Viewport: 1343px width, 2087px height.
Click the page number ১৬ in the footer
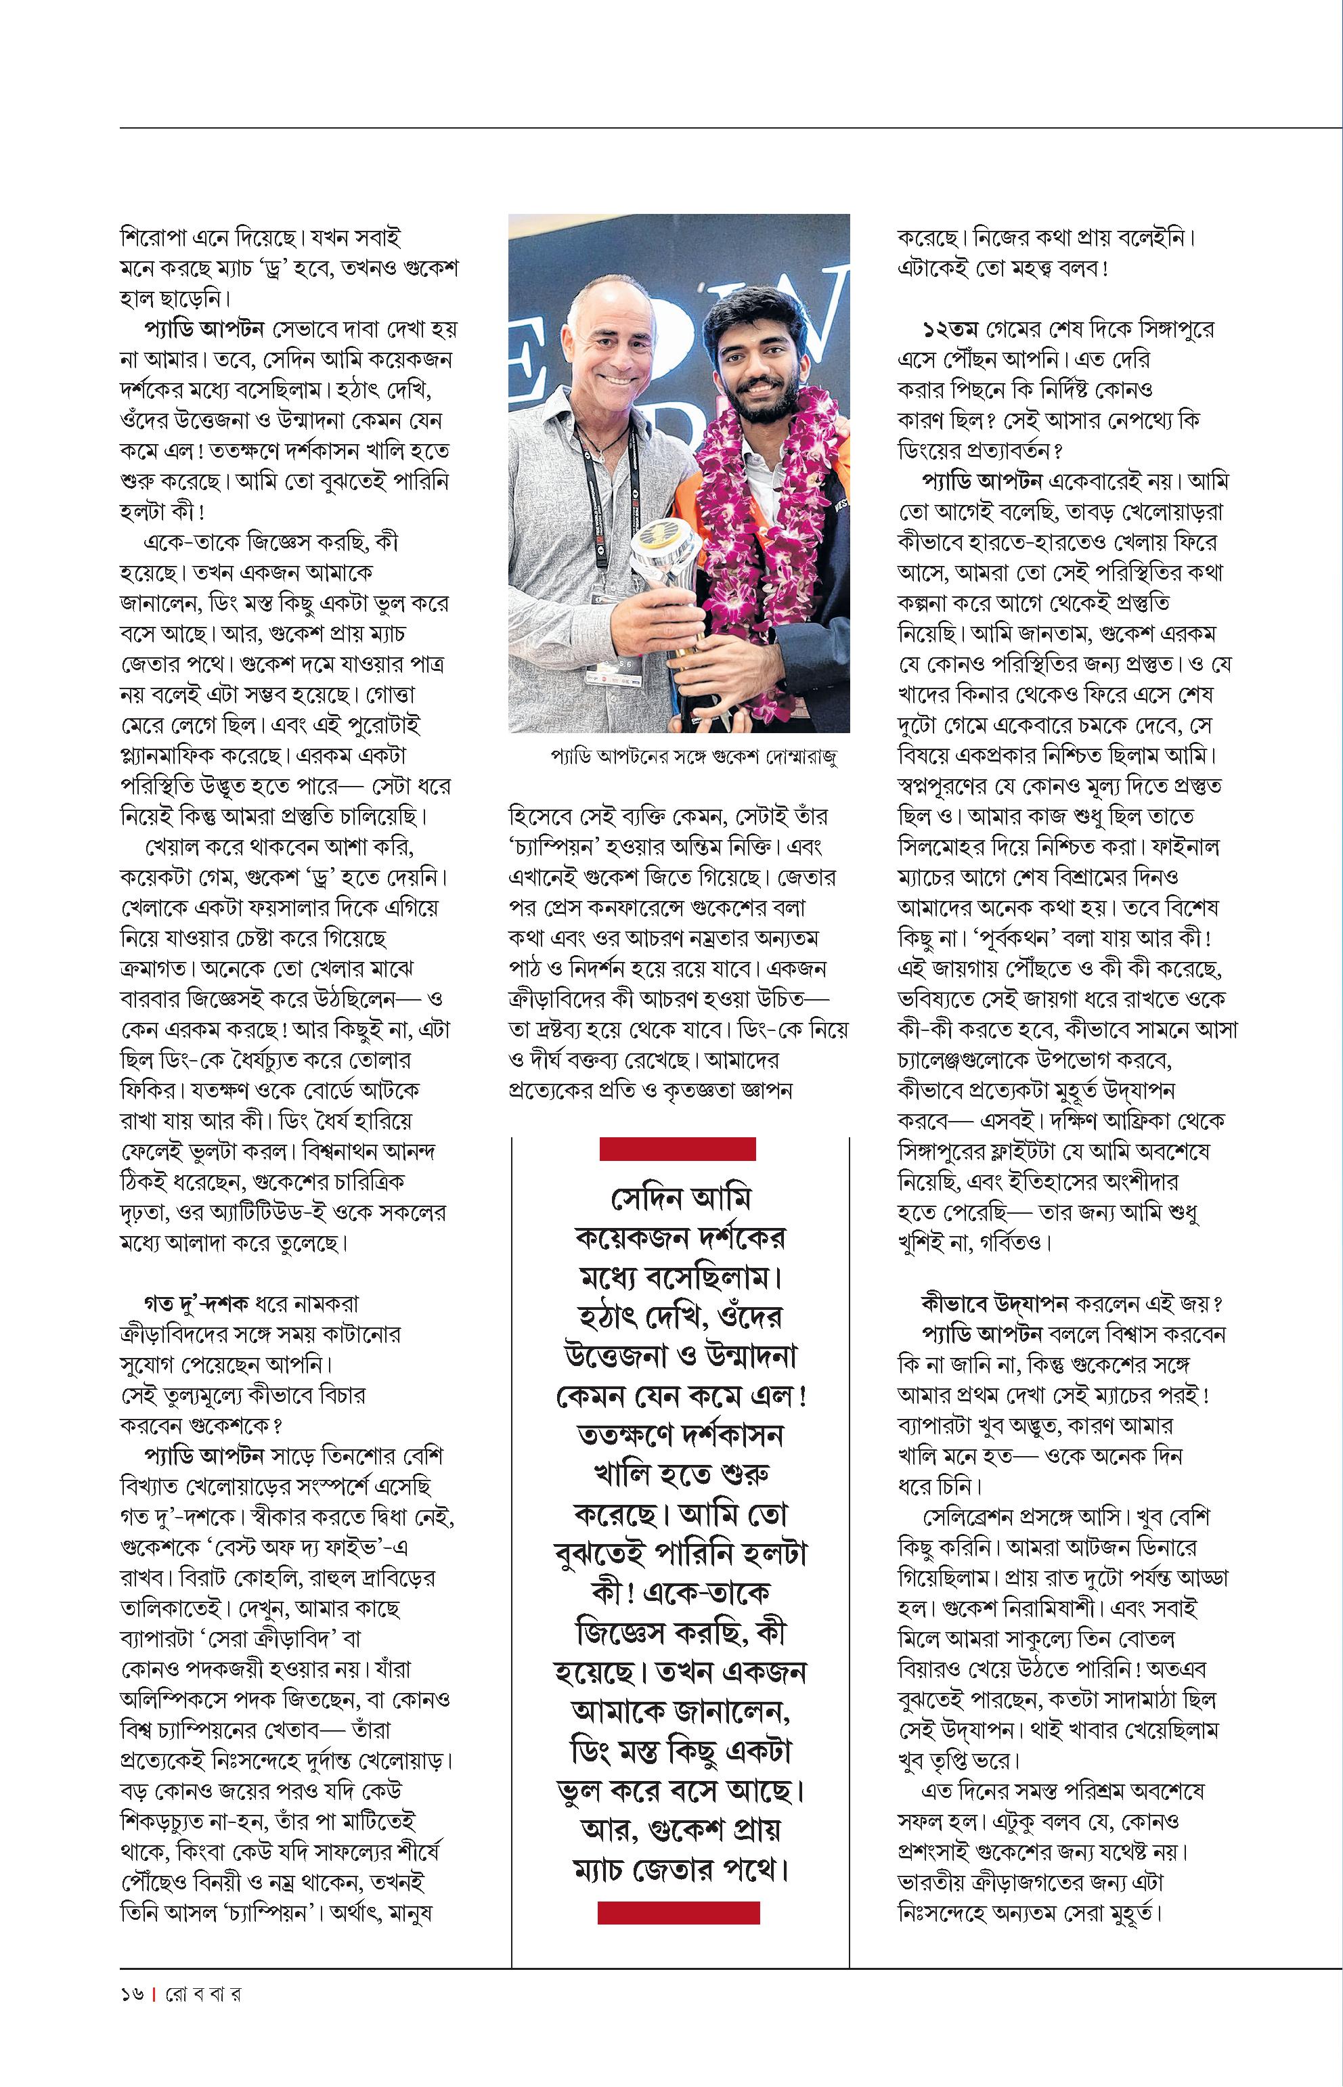(132, 1994)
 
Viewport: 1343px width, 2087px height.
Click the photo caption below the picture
(693, 756)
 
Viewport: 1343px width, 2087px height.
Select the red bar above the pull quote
(677, 1149)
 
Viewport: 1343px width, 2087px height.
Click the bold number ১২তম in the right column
(950, 330)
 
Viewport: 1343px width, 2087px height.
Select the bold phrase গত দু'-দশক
(196, 1304)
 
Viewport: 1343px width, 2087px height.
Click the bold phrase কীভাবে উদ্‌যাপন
(994, 1304)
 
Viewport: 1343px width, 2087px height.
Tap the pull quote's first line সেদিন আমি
(680, 1198)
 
